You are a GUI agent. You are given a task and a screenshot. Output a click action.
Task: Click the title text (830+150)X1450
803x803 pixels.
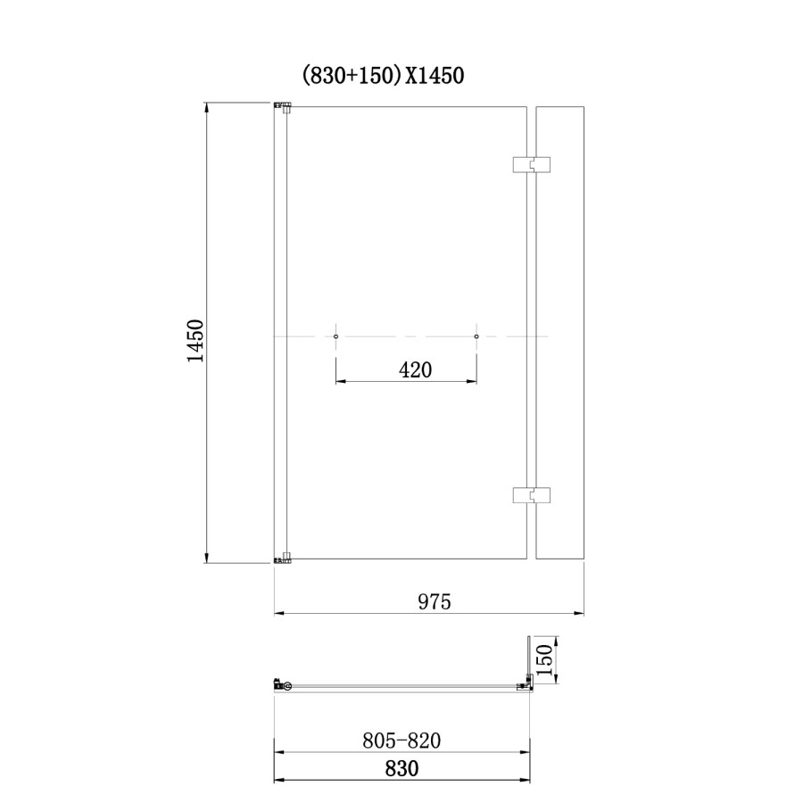click(x=383, y=77)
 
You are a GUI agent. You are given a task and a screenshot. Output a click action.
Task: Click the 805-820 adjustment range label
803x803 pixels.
click(x=402, y=741)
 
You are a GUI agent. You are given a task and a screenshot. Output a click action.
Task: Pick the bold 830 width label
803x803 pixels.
click(x=402, y=767)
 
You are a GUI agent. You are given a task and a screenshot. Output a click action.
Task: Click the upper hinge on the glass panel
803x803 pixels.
click(x=531, y=165)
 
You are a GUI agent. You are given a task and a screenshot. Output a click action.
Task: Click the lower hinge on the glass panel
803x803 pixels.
click(x=531, y=496)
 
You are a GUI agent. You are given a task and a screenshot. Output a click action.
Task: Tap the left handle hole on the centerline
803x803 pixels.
click(x=335, y=336)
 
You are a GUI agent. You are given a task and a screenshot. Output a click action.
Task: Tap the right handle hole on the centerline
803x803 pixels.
click(x=476, y=336)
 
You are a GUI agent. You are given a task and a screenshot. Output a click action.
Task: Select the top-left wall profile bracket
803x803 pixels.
click(x=283, y=107)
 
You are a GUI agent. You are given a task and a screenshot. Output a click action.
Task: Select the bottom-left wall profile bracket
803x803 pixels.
click(x=283, y=560)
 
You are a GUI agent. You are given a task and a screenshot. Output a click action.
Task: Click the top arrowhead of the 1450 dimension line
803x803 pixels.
click(x=208, y=108)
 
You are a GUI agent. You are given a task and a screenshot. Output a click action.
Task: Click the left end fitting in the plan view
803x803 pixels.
click(x=282, y=685)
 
